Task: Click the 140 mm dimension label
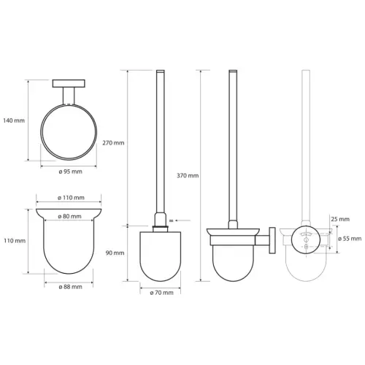coord(14,120)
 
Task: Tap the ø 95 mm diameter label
coord(70,172)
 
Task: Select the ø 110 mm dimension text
coord(71,198)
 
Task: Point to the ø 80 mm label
coord(69,216)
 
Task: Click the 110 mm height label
coord(15,241)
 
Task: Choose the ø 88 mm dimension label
coord(70,287)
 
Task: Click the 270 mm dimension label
coord(113,143)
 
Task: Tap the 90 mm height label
coord(115,253)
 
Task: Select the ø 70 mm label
coord(161,293)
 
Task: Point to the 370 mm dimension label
coord(188,175)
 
